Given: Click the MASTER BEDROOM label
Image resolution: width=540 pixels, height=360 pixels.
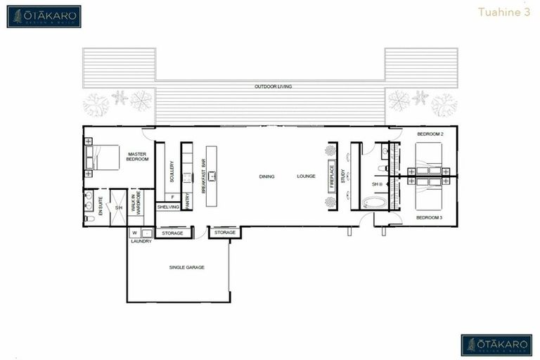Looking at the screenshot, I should point(138,156).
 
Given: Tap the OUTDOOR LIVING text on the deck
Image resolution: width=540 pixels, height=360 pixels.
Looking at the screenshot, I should point(274,86).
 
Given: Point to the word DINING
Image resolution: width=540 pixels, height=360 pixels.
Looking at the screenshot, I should point(266,176).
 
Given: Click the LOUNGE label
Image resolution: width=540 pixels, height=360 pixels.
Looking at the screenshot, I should point(306,176).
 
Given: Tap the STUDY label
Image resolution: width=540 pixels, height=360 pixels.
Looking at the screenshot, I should point(344,176).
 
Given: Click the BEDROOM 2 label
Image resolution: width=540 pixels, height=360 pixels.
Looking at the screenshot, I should point(429,134).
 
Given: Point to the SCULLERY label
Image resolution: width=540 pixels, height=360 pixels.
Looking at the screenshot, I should point(172,172).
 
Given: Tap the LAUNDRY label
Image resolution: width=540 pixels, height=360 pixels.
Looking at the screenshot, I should point(141,241).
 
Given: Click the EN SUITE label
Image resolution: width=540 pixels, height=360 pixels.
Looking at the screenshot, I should point(101,206).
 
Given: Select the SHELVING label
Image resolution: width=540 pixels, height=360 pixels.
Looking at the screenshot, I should point(168,207).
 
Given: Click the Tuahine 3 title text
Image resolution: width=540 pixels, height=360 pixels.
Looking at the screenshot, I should point(514,12).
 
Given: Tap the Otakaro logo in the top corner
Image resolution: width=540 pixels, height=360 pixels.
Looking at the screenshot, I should point(44,16).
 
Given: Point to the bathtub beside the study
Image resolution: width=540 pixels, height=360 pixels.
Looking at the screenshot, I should point(374,202).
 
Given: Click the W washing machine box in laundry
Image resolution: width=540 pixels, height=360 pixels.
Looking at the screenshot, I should point(134,232).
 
